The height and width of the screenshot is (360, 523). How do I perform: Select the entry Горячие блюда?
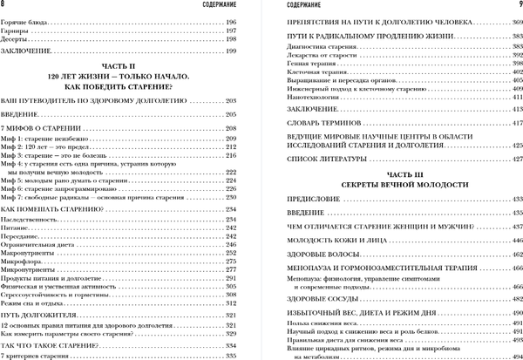coord(24,20)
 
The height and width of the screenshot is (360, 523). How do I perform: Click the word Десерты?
coord(18,39)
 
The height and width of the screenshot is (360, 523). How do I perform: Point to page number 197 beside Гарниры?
coord(231,30)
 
